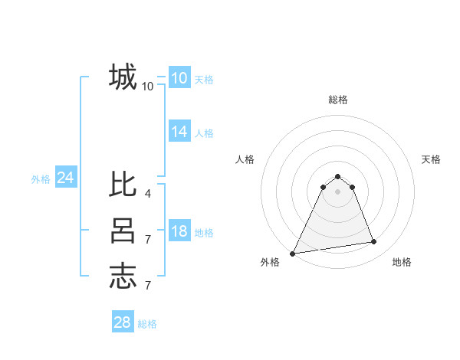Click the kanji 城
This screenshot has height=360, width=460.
click(x=123, y=77)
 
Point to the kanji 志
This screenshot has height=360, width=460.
click(x=123, y=276)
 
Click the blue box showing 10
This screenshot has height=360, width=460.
click(x=179, y=78)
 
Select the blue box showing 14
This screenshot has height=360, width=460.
click(x=179, y=132)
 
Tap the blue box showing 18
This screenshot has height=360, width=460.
click(x=179, y=231)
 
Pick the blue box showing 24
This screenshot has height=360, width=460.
click(x=65, y=178)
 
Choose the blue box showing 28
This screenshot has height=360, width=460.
click(x=122, y=322)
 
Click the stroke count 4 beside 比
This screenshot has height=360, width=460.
click(x=147, y=194)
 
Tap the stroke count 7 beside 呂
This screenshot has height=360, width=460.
click(x=147, y=240)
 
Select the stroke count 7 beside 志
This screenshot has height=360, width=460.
click(x=147, y=286)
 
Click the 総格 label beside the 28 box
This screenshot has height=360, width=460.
click(x=147, y=324)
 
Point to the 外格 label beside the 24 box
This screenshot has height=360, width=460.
click(x=41, y=179)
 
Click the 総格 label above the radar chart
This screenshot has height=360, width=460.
click(x=337, y=100)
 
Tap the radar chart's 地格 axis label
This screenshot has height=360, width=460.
click(x=402, y=262)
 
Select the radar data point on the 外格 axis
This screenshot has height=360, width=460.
click(x=293, y=253)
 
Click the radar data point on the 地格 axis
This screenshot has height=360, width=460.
click(x=374, y=242)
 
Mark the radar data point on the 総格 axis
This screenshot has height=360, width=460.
click(x=337, y=176)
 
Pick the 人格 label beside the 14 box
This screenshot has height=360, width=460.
click(x=204, y=133)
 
